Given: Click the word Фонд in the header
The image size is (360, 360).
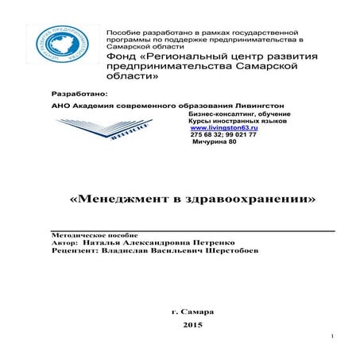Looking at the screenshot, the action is pos(121,58).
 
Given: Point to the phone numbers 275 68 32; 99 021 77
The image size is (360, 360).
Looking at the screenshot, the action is pos(223,135).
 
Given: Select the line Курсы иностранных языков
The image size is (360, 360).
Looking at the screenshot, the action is pos(229,120).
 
